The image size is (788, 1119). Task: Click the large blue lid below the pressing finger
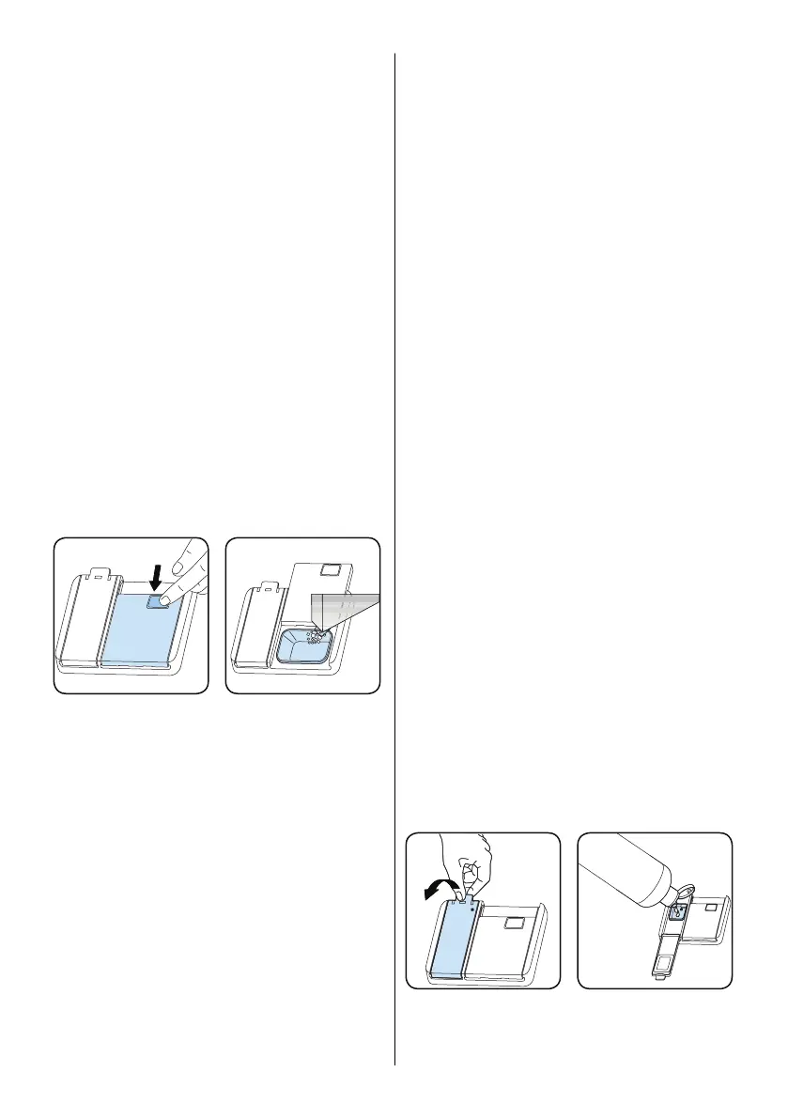pos(136,634)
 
